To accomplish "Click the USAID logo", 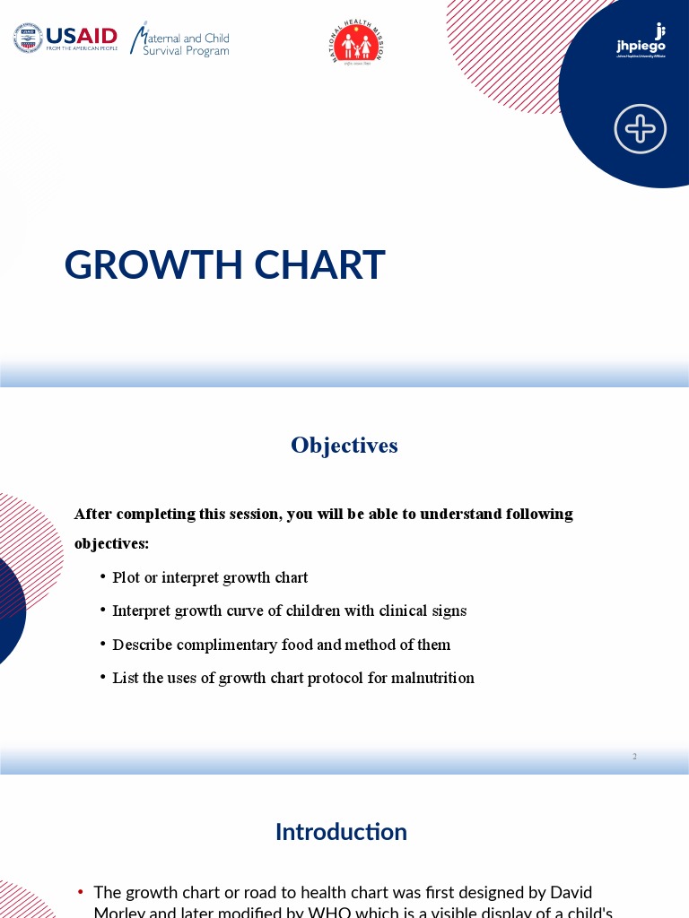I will click(x=65, y=39).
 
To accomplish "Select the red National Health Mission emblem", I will click(x=357, y=43).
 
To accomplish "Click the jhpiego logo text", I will click(x=641, y=45).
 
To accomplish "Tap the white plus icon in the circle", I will click(x=641, y=129).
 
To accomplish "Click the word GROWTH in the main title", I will click(x=153, y=265).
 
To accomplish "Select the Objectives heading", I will click(x=344, y=446).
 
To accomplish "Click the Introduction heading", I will click(x=341, y=832).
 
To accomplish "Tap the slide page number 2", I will click(x=634, y=757).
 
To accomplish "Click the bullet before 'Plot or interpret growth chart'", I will click(x=103, y=577).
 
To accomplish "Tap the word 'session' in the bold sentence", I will click(x=252, y=514).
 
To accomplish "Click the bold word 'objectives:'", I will click(x=111, y=543).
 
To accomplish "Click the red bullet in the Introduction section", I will click(x=81, y=892).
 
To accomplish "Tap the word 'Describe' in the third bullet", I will click(x=143, y=645).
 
